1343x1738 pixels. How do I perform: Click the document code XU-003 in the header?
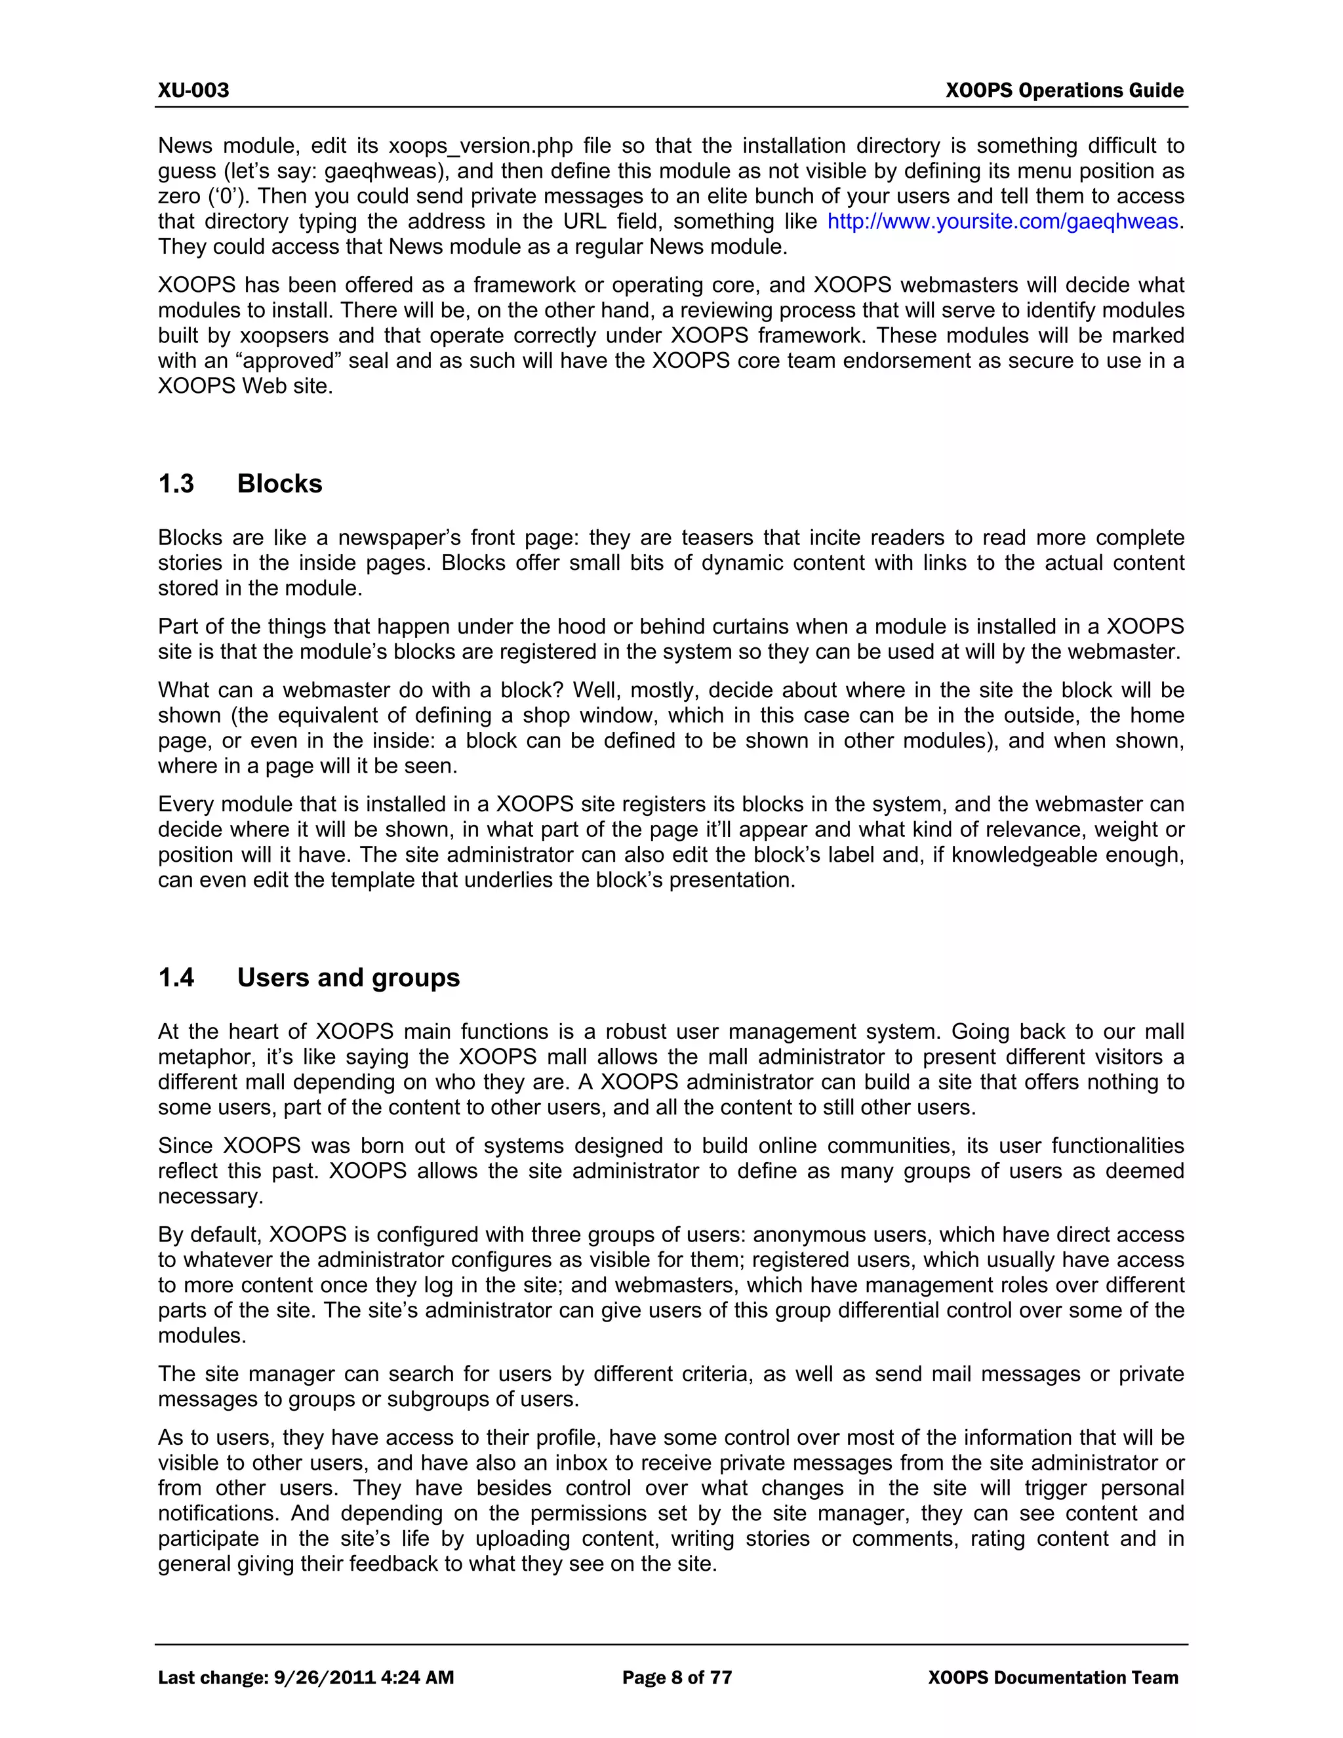pos(193,90)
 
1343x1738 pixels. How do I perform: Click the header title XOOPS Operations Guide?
pos(1064,90)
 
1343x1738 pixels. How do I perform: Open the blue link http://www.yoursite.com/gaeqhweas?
pos(1003,221)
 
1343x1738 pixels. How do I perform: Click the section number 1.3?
pos(176,484)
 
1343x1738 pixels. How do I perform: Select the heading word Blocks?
pos(279,484)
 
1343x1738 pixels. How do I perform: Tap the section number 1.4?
pos(176,977)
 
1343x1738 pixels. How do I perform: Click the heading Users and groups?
pos(348,977)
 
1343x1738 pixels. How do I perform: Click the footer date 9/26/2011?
pos(324,1678)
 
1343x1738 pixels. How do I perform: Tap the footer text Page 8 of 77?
pos(676,1678)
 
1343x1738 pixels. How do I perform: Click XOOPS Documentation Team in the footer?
pos(1052,1678)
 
